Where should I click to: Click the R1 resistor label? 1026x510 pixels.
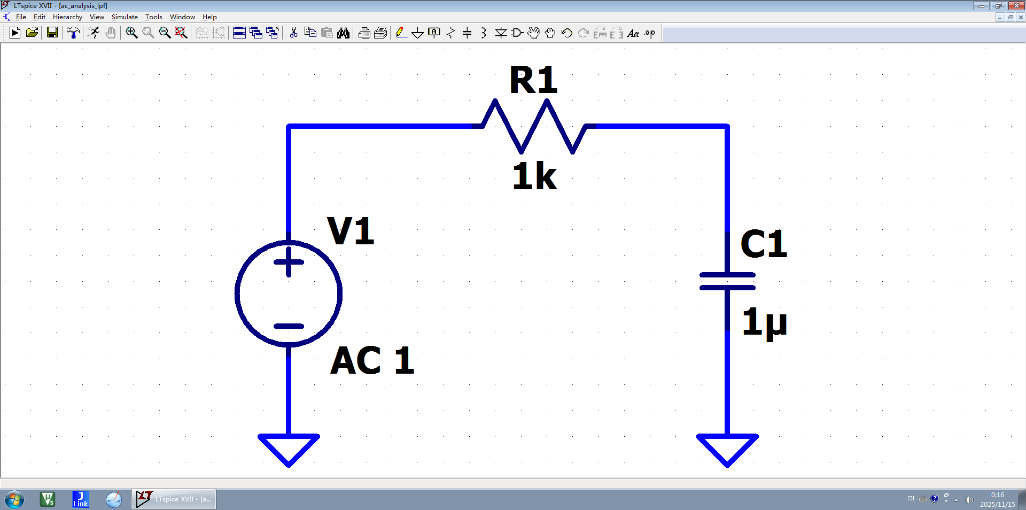pos(533,81)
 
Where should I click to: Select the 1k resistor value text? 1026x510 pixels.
pos(534,176)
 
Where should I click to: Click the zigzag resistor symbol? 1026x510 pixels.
pos(534,127)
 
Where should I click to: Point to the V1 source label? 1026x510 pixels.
pos(351,231)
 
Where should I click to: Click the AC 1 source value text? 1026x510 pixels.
pos(372,361)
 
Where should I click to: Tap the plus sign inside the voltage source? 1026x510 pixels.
pos(289,262)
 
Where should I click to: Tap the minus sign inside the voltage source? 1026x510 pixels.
pos(289,326)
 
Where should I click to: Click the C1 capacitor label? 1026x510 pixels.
pos(764,244)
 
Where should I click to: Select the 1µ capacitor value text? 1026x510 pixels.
pos(764,322)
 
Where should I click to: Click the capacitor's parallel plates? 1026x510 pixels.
pos(727,281)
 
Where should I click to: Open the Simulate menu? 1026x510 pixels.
pos(125,17)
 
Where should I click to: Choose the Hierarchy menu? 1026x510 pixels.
pos(67,17)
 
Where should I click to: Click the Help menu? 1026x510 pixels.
pos(209,17)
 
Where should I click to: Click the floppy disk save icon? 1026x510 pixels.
pos(52,33)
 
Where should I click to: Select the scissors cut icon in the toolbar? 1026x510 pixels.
pos(293,33)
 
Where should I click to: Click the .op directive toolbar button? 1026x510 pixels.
pos(650,33)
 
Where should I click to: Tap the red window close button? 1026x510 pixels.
pos(1016,5)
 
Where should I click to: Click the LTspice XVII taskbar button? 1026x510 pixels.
pos(174,499)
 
